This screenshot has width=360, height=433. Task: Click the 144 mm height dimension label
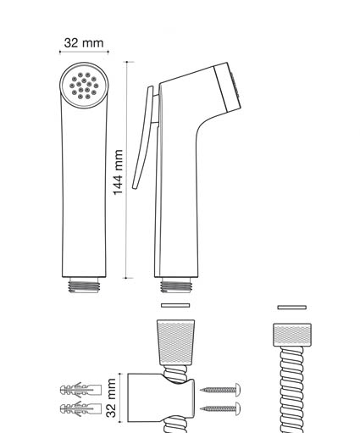pyautogui.click(x=118, y=172)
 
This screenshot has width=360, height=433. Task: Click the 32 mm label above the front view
pyautogui.click(x=84, y=43)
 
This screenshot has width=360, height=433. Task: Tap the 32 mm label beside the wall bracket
pyautogui.click(x=111, y=398)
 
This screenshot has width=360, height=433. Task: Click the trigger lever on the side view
pyautogui.click(x=143, y=137)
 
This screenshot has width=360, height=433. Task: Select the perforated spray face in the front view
pyautogui.click(x=84, y=85)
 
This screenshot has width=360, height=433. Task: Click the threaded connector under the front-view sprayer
pyautogui.click(x=84, y=285)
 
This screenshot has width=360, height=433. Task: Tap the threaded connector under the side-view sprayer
pyautogui.click(x=176, y=285)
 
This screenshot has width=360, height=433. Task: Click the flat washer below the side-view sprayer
pyautogui.click(x=175, y=305)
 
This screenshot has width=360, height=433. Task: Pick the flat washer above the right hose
pyautogui.click(x=292, y=308)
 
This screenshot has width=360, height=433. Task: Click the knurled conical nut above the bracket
pyautogui.click(x=175, y=342)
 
